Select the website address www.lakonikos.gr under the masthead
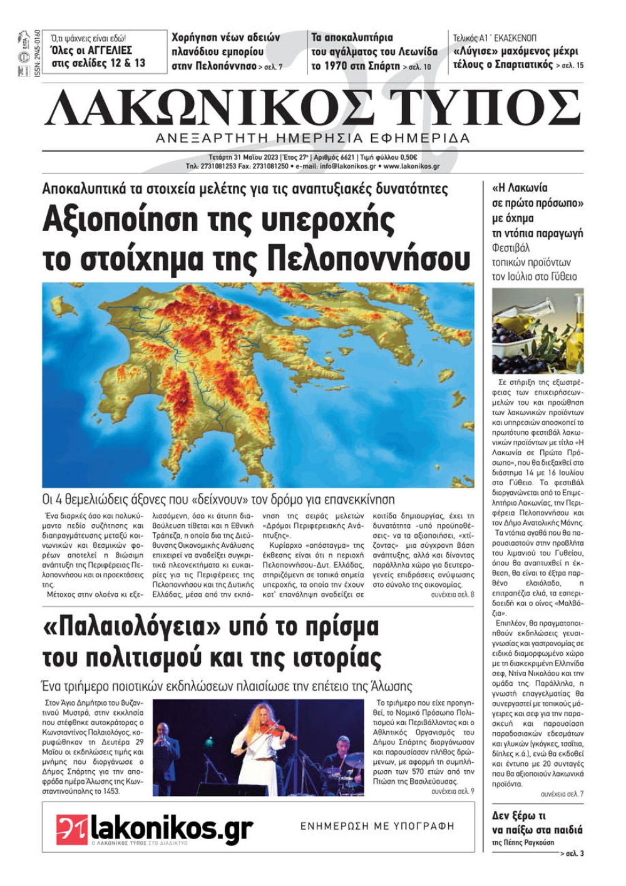(x=411, y=167)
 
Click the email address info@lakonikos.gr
(x=348, y=167)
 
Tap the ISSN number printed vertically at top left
(x=38, y=53)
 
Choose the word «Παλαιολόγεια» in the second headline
(x=141, y=626)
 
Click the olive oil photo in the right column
(x=538, y=331)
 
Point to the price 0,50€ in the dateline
(x=408, y=158)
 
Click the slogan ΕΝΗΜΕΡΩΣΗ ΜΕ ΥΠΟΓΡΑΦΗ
(x=377, y=827)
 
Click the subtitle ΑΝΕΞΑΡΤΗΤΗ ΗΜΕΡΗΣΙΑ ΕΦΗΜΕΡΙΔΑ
(x=312, y=138)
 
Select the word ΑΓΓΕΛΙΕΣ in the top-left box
(x=108, y=50)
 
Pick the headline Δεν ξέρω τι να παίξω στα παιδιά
(x=537, y=823)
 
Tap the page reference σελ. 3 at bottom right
(x=574, y=853)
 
